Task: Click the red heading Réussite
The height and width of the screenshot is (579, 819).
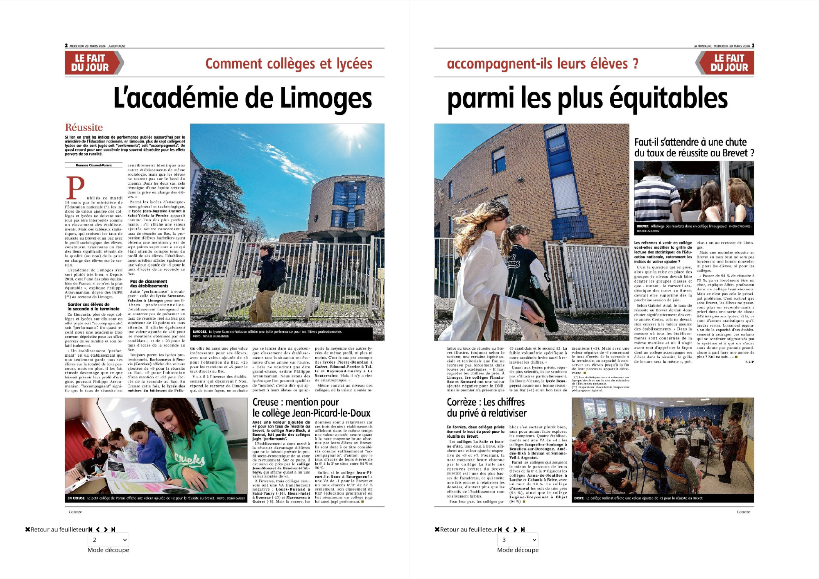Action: tap(84, 127)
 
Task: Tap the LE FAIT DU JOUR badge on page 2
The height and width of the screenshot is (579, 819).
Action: tap(90, 63)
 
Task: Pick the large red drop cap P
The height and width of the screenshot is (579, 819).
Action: tap(75, 188)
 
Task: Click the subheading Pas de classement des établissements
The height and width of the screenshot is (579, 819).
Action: tap(149, 284)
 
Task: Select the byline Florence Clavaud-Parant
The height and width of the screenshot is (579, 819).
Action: tap(93, 165)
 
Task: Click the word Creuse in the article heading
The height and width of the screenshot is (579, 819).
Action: tap(265, 402)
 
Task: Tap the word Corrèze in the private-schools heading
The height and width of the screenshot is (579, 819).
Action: tap(462, 402)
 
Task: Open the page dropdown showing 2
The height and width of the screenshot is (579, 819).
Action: tap(109, 540)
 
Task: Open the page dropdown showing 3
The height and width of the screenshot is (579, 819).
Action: tap(518, 540)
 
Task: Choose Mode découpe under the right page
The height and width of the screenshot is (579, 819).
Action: tap(518, 550)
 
